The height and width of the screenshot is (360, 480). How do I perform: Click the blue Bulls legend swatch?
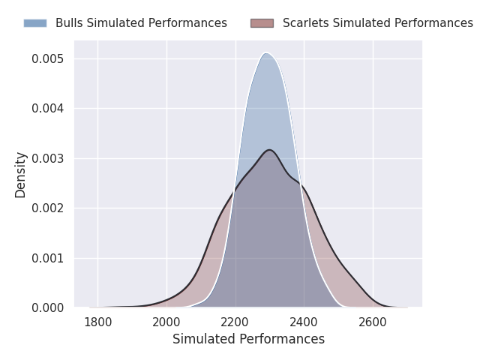pos(34,23)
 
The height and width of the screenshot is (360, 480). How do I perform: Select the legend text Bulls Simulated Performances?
pos(141,23)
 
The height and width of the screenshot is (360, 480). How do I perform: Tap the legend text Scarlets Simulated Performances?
pos(377,23)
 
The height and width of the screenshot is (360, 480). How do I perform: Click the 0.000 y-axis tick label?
pos(48,308)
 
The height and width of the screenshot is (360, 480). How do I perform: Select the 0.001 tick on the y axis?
pos(48,258)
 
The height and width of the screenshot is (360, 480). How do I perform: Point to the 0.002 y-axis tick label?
pos(48,208)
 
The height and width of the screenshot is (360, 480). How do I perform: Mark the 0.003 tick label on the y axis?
pos(48,158)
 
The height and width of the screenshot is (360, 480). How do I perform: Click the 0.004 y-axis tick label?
pos(48,109)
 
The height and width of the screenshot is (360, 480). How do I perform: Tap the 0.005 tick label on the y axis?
pos(48,58)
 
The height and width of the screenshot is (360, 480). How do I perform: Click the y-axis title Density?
pos(21,175)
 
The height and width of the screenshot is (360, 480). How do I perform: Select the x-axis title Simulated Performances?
pos(248,339)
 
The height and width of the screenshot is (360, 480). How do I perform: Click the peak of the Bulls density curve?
pos(265,52)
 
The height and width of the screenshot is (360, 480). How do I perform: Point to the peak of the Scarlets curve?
pos(269,150)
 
